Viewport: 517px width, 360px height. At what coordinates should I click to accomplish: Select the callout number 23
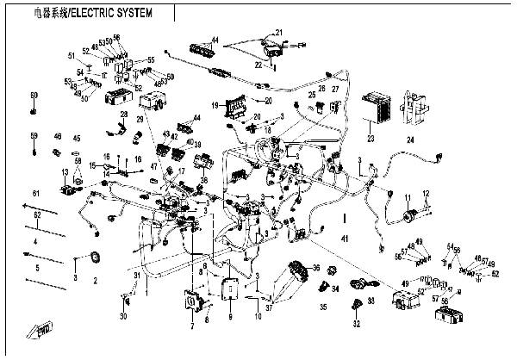point(370,138)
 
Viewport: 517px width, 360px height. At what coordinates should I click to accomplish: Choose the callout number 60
point(34,95)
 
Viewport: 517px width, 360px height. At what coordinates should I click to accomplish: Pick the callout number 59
point(34,136)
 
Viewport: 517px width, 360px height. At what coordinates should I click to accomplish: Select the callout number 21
point(277,33)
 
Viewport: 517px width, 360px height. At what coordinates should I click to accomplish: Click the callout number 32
point(355,326)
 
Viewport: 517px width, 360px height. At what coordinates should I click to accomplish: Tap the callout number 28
point(123,114)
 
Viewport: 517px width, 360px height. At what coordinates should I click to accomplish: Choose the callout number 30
point(122,317)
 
